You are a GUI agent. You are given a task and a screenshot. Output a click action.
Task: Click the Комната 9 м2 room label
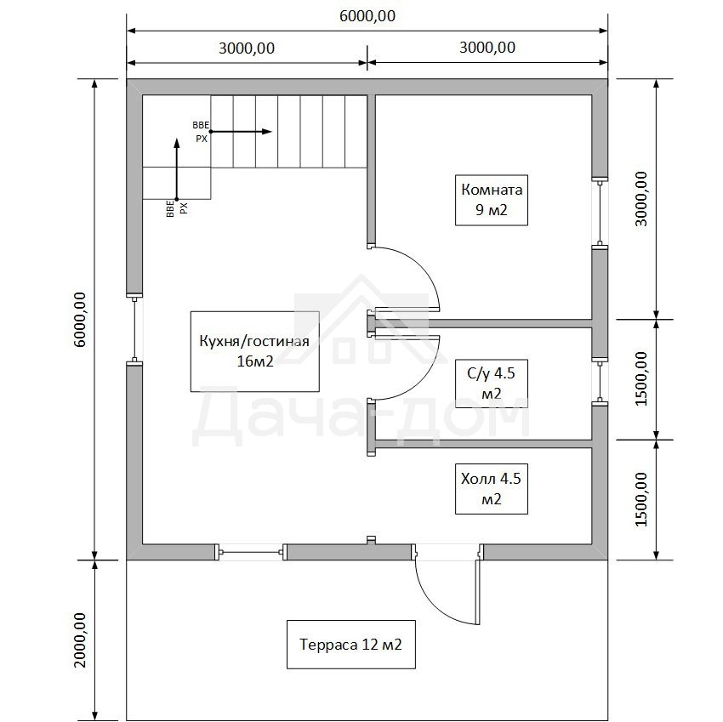(492, 200)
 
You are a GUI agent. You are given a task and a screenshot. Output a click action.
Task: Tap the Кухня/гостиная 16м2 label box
(254, 351)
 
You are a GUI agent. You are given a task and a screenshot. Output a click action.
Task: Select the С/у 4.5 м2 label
(492, 384)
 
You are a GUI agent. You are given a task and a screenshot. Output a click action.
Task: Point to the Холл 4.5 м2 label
(492, 489)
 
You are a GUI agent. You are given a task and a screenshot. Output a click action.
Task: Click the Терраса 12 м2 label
(351, 644)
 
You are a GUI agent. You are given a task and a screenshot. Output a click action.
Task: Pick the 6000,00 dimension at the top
(367, 16)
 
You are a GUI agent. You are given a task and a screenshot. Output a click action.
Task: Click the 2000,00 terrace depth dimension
(80, 640)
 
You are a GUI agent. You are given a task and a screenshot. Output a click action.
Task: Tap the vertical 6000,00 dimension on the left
(80, 320)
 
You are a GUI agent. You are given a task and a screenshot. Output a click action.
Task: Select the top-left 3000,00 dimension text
(247, 48)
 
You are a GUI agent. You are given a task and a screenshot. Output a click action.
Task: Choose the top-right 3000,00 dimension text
(487, 48)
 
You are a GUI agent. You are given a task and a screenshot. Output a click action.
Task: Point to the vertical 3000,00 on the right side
(641, 199)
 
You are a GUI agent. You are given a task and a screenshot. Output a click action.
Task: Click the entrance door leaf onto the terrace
(478, 593)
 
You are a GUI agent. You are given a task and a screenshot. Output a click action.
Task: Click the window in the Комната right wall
(600, 213)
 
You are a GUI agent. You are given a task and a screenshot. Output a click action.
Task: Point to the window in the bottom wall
(251, 552)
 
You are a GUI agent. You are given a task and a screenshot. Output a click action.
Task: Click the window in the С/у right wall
(600, 382)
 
